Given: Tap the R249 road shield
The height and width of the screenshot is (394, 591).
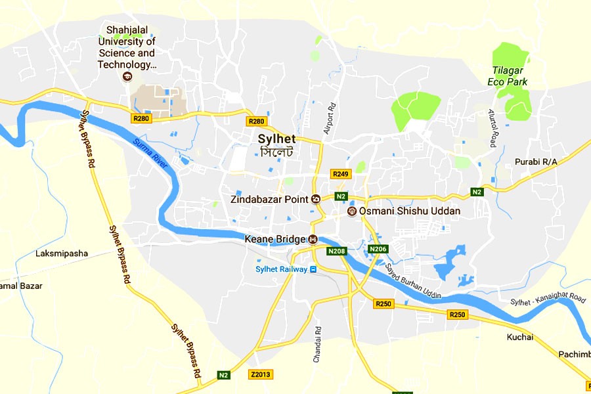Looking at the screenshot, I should [x=341, y=174].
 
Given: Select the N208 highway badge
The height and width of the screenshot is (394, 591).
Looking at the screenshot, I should [x=337, y=250].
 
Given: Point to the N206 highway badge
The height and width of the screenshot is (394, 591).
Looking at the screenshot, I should [x=378, y=250].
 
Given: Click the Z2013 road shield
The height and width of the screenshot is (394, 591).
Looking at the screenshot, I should [x=261, y=374].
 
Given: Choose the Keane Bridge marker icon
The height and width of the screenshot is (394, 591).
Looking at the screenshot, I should [x=313, y=239].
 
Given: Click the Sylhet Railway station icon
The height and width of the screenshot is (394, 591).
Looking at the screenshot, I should [x=313, y=269].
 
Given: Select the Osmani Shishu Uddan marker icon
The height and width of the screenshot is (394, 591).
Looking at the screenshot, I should [x=352, y=211].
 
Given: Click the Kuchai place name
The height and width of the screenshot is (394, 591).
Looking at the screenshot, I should [x=519, y=338].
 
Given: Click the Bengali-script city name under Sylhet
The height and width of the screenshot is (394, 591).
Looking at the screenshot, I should [x=276, y=152].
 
